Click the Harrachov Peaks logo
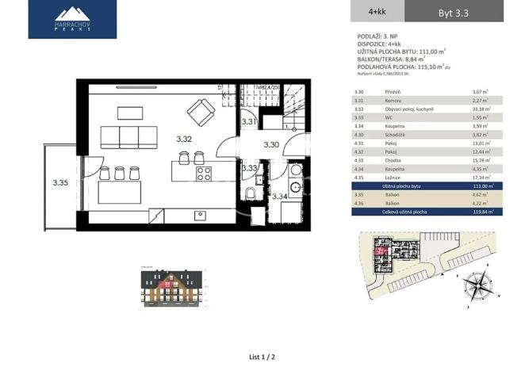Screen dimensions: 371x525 point(72,19)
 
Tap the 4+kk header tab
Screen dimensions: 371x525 point(377,11)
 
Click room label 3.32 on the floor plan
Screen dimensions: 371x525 point(184,139)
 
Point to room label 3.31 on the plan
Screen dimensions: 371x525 point(248,121)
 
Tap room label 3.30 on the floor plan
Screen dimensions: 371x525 point(271,145)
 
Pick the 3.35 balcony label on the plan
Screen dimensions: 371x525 point(60,183)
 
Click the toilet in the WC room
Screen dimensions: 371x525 point(250,195)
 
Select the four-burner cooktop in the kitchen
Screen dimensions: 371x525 point(204,172)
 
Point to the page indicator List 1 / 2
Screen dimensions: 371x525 point(262,358)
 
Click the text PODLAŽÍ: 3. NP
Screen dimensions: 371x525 point(378,36)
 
